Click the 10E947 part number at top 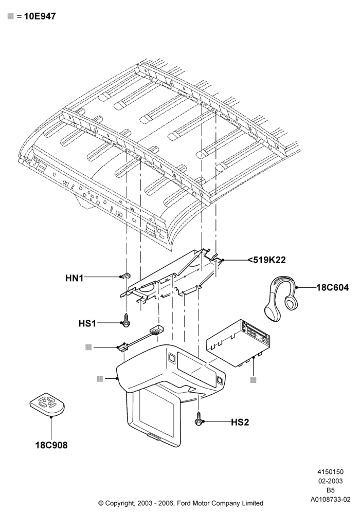(40, 16)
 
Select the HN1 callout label (74, 278)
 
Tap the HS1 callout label (87, 323)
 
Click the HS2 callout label (240, 422)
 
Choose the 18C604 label (332, 287)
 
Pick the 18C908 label (51, 445)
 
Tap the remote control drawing (47, 404)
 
